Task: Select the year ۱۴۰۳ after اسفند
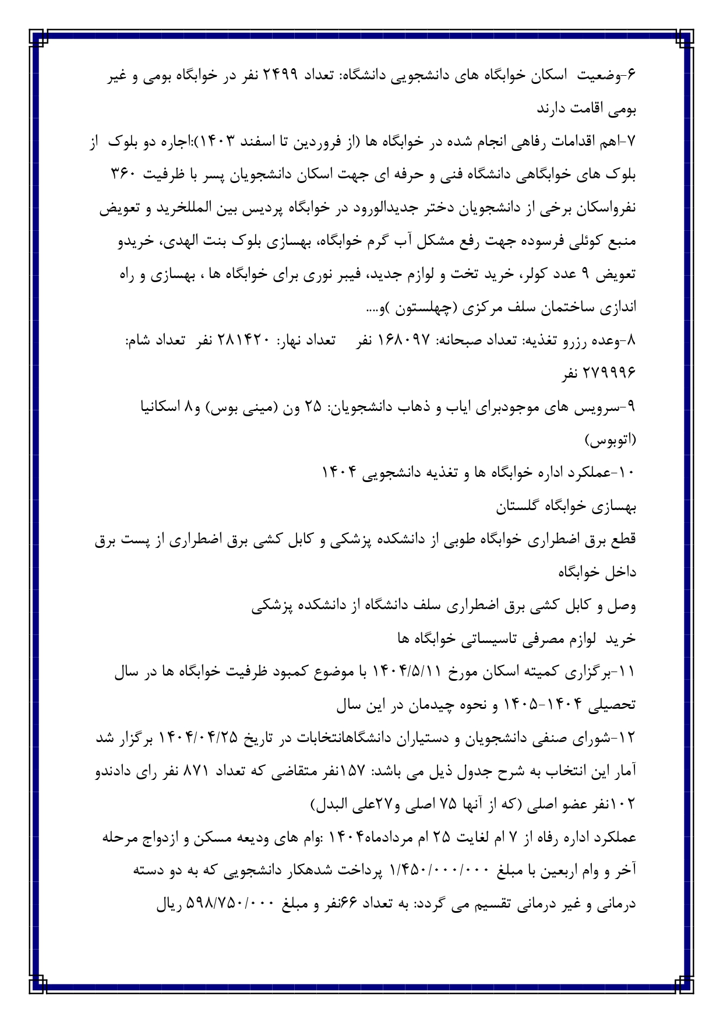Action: tap(235, 142)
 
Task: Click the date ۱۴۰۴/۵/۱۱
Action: tap(405, 672)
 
